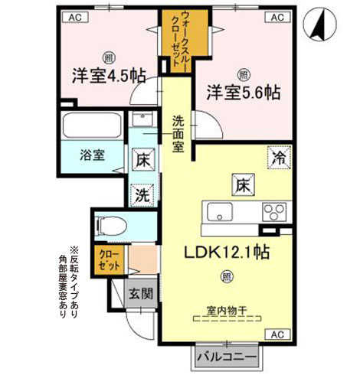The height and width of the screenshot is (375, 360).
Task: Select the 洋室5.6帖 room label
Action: point(243,93)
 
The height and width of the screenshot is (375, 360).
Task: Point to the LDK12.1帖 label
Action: point(229,251)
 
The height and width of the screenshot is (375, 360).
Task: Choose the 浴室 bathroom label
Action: point(93,153)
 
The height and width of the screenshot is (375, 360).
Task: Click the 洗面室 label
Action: point(178,132)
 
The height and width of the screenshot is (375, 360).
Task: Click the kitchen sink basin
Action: point(221,212)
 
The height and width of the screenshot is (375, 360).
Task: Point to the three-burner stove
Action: point(274,212)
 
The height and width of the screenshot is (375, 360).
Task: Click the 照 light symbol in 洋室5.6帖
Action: point(243,74)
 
